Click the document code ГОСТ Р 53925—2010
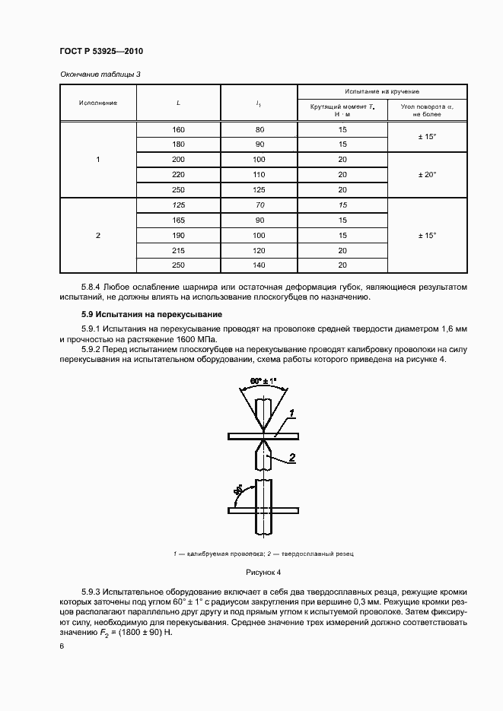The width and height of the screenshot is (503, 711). point(101,51)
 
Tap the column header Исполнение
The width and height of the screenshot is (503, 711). point(98,103)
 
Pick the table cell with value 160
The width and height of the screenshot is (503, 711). point(178,129)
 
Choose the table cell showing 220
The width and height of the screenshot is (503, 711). point(178,174)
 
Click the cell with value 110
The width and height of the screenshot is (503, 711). point(259,174)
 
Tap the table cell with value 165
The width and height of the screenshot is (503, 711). point(178,221)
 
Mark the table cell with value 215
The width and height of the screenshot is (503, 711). point(178,250)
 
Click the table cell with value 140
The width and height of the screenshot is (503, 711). point(259,265)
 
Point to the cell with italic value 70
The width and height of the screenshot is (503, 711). point(259,205)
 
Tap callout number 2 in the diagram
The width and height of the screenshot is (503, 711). point(291,459)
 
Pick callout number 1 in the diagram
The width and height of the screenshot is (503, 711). point(291,413)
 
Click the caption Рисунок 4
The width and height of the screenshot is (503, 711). point(263,571)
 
